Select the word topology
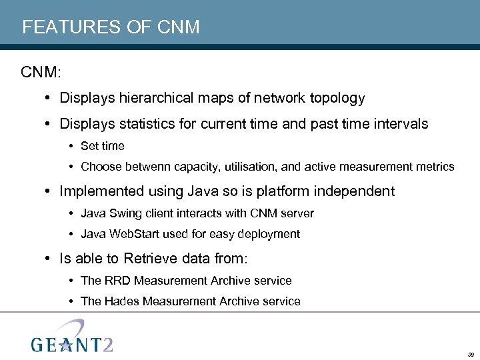click(x=337, y=98)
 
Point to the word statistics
click(x=155, y=124)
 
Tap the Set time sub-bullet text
click(x=102, y=146)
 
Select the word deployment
click(x=271, y=234)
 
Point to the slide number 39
click(x=471, y=354)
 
